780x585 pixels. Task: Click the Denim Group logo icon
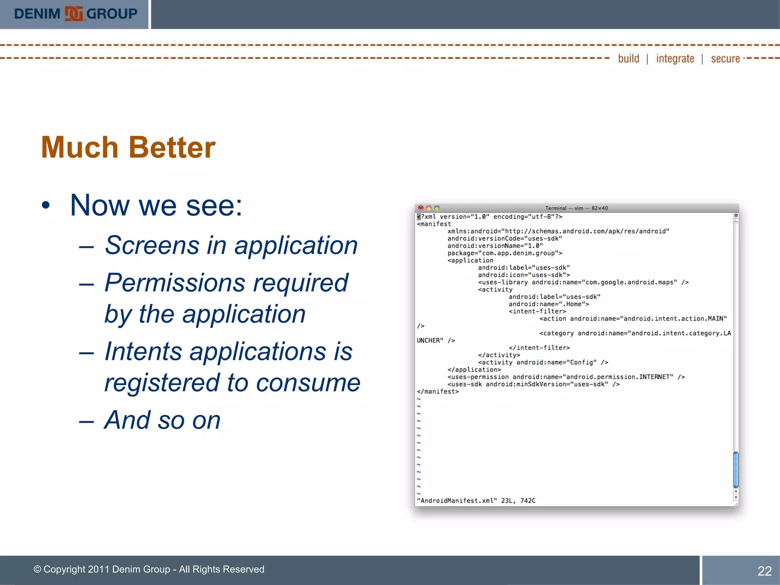[x=74, y=14]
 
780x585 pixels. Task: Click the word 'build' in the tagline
[x=628, y=59]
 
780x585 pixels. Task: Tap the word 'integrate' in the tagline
[x=675, y=59]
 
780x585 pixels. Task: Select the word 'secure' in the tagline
[x=725, y=59]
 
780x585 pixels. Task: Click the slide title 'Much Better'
[x=128, y=147]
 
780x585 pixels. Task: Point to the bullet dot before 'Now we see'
[x=46, y=206]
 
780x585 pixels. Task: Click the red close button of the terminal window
[x=420, y=208]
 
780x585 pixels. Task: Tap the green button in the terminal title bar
[x=437, y=208]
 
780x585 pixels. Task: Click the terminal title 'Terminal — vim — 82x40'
[x=576, y=208]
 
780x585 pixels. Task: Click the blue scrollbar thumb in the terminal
[x=736, y=469]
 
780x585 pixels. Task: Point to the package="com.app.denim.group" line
[x=505, y=253]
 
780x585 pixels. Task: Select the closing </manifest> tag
[x=438, y=392]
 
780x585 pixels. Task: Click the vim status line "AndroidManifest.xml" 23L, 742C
[x=476, y=500]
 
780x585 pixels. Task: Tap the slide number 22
[x=764, y=571]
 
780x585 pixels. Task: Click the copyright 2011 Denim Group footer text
[x=149, y=569]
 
